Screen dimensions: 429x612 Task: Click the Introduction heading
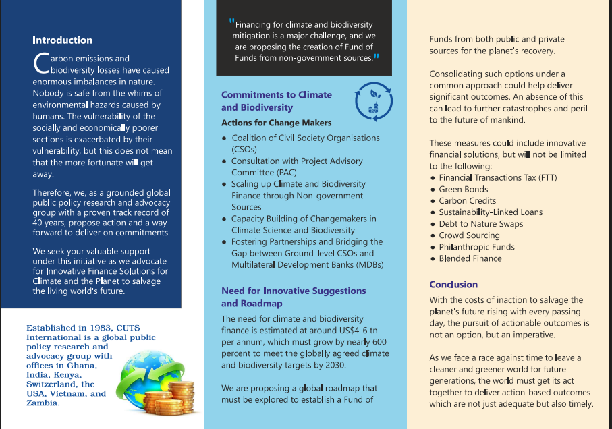[63, 40]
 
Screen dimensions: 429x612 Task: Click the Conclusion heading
[453, 285]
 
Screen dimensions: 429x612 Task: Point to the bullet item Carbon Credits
[467, 201]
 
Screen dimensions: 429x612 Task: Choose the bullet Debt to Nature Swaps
[480, 224]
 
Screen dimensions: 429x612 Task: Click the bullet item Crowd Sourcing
[469, 235]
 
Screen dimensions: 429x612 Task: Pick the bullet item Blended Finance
[470, 258]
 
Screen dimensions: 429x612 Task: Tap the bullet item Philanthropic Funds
[476, 247]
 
